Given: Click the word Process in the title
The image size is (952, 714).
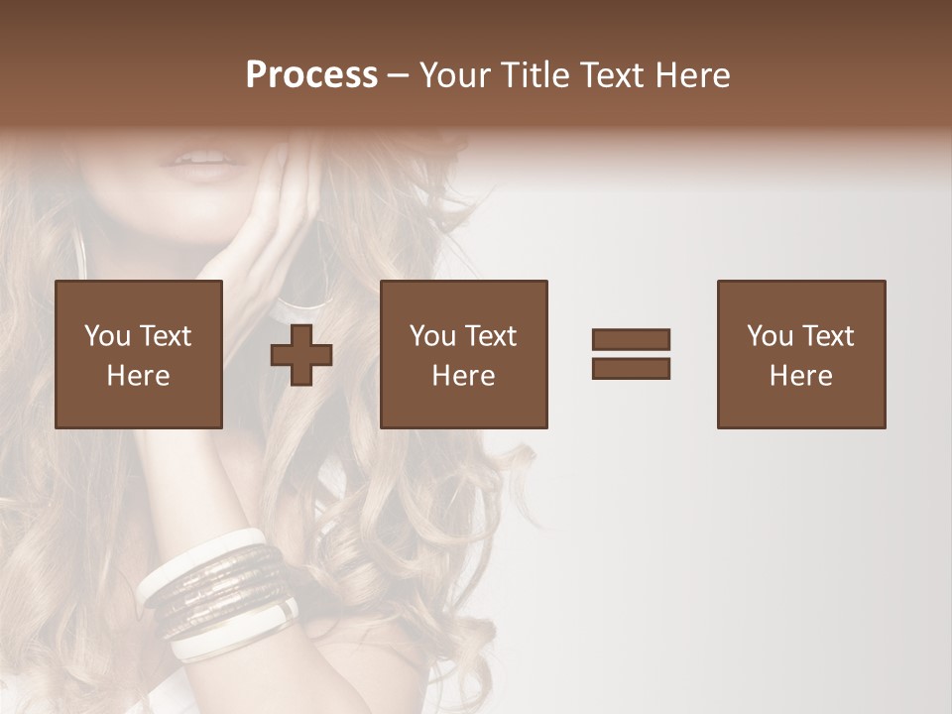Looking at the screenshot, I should point(311,75).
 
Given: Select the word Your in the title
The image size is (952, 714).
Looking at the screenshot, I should point(454,75).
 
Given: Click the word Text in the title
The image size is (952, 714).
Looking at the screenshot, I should point(612,75).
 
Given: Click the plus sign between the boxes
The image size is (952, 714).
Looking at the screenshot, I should point(301,355).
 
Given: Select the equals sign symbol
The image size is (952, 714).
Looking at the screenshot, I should point(631,354).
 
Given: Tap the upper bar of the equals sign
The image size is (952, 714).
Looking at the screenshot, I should point(631,339).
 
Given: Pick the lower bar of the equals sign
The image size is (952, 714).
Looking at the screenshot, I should point(631,368).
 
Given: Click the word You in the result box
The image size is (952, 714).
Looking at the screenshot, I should point(769,336).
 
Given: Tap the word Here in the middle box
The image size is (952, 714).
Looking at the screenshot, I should point(464,376).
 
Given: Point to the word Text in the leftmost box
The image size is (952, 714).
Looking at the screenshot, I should point(165,336).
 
